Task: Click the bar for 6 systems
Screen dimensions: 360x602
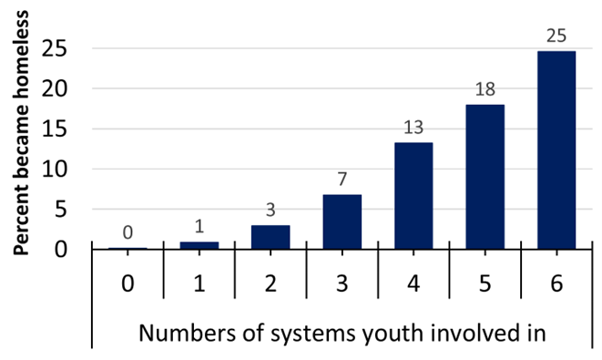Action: click(x=556, y=149)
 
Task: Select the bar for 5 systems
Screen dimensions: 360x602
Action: click(x=485, y=176)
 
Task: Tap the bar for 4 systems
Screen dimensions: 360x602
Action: click(x=413, y=195)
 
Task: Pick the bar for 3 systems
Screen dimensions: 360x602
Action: click(x=342, y=221)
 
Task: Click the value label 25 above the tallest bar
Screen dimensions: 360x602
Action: click(x=556, y=37)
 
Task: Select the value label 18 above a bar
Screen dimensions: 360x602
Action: click(x=485, y=90)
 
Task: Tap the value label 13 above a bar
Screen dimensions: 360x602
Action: click(x=413, y=129)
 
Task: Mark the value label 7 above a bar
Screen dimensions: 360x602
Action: click(x=342, y=180)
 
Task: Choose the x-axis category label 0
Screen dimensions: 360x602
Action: click(x=128, y=283)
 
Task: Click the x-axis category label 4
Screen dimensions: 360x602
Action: click(x=413, y=283)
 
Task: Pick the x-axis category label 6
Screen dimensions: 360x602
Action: click(x=556, y=283)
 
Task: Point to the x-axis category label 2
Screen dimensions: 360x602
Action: click(x=270, y=283)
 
